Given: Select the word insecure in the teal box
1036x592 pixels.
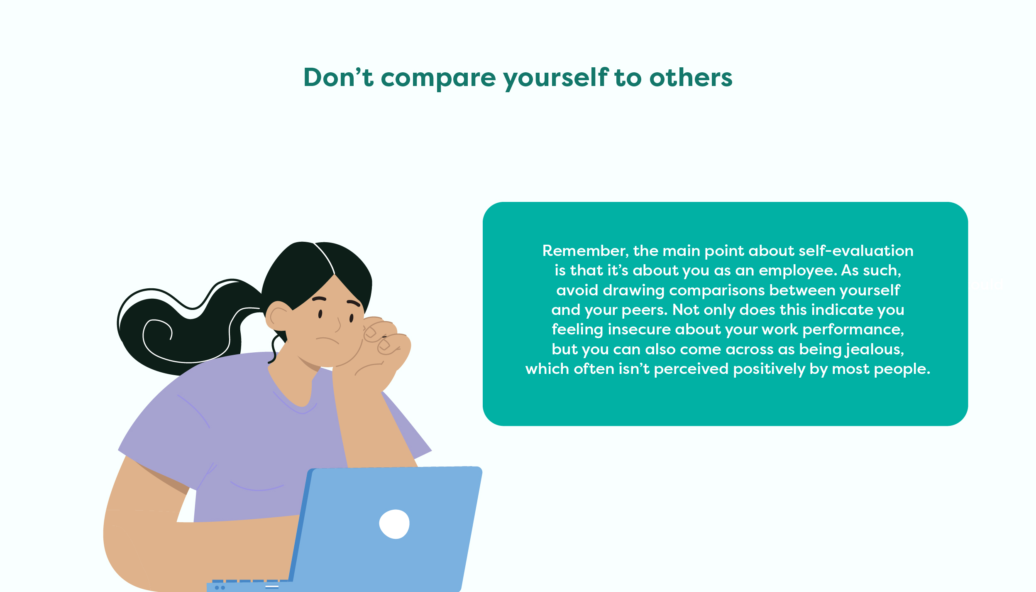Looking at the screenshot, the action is tap(639, 329).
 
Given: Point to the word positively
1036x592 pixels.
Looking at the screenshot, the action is tap(769, 369).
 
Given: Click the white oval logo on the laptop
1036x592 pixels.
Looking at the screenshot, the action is tap(394, 524).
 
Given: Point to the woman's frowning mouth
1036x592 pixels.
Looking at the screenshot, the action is tap(327, 341).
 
